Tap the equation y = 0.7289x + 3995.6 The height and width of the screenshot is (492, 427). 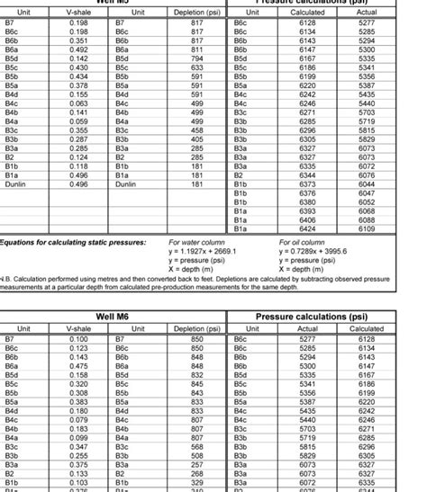coord(313,252)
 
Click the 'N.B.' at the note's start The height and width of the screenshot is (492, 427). coord(5,280)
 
